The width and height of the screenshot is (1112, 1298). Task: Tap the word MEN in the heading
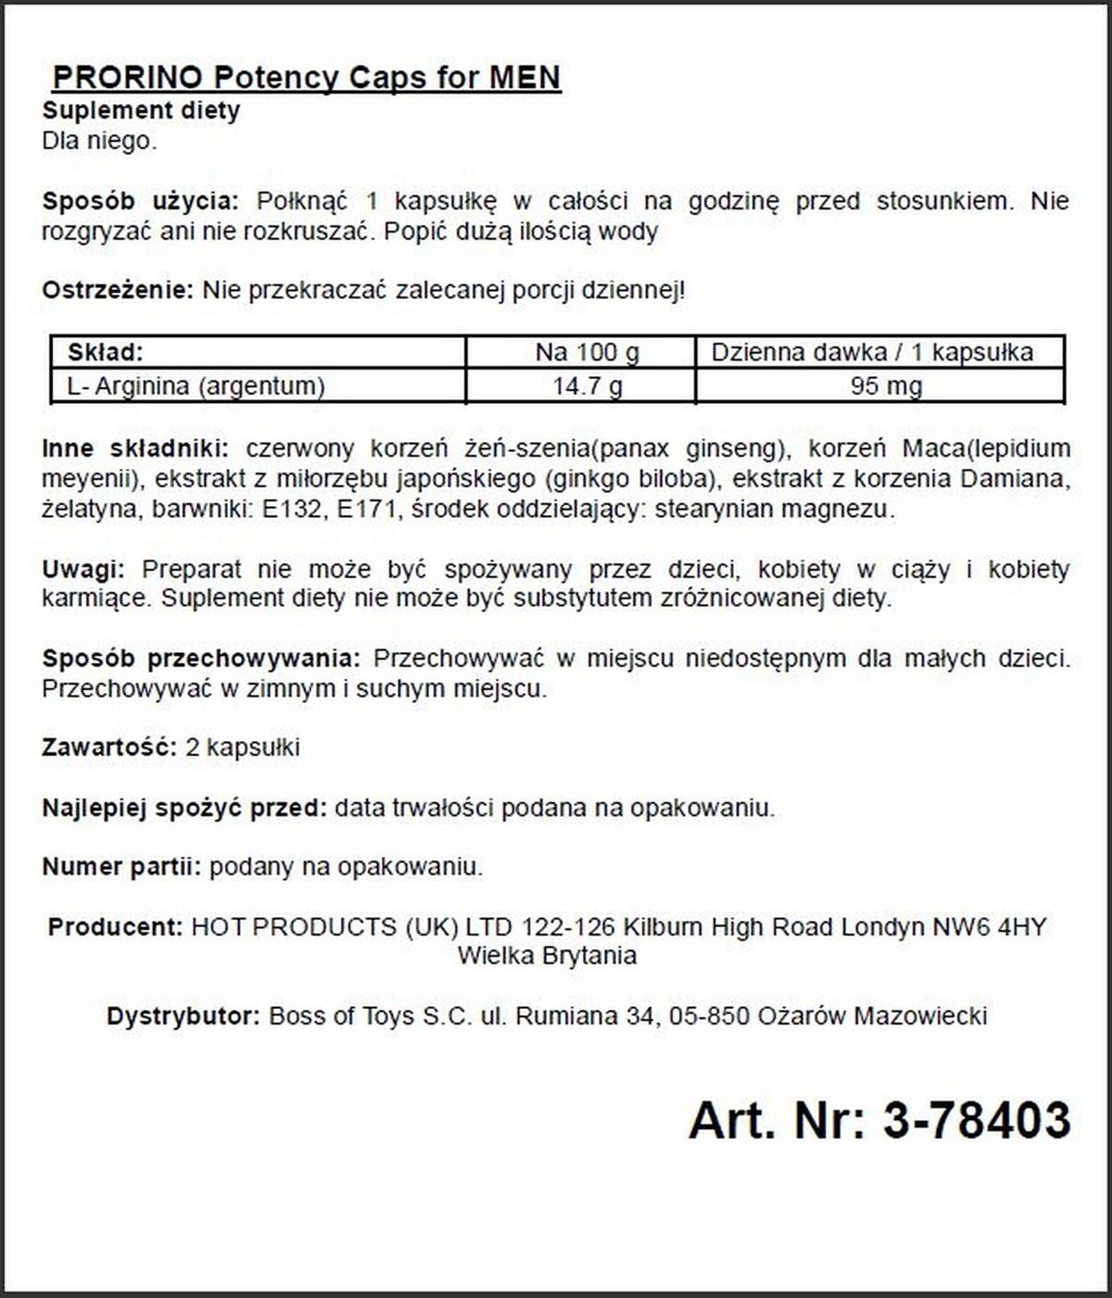click(524, 77)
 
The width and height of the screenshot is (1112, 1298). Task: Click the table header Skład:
click(106, 353)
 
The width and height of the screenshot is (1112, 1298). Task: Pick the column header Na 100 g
click(588, 353)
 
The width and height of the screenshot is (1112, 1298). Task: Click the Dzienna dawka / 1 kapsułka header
click(872, 353)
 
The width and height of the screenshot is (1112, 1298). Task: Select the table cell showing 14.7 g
click(588, 385)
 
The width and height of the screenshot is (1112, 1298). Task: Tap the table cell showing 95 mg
click(886, 385)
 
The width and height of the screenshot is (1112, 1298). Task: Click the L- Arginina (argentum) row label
click(196, 385)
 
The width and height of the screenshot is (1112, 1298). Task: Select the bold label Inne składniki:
click(136, 449)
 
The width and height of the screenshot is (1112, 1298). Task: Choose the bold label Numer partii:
click(121, 867)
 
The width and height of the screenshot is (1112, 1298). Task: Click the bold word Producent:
click(115, 926)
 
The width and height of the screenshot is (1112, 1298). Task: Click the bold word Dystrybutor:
click(183, 1016)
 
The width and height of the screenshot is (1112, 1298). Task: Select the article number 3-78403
click(976, 1120)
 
